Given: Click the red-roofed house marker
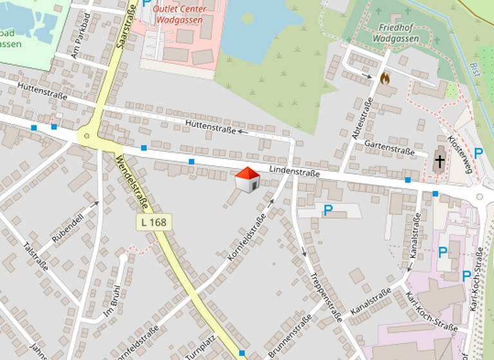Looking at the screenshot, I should (x=247, y=179).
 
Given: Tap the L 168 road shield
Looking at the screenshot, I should (x=152, y=222).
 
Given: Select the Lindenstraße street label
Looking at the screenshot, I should (x=295, y=172).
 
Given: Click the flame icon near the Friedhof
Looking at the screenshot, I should (x=385, y=78).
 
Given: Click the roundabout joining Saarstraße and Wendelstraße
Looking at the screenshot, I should (x=86, y=136).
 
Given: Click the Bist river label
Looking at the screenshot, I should (x=475, y=68).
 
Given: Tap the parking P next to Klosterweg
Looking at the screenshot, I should (x=478, y=153).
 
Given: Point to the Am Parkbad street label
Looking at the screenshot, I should (x=83, y=44).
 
